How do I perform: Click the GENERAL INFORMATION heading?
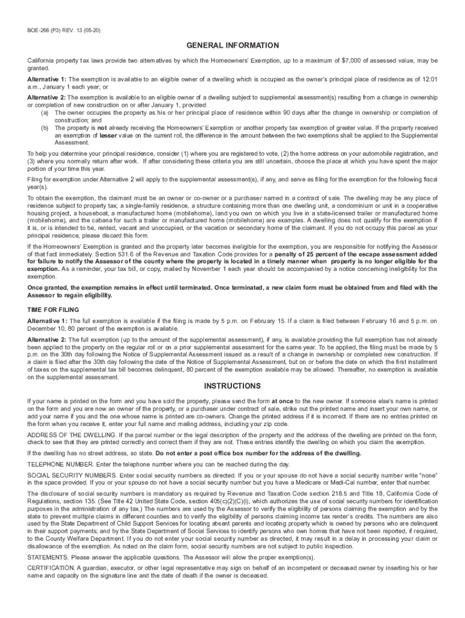click(232, 45)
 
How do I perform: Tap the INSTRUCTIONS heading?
click(232, 386)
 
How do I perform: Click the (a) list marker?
click(45, 112)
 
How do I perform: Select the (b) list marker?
click(45, 129)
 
